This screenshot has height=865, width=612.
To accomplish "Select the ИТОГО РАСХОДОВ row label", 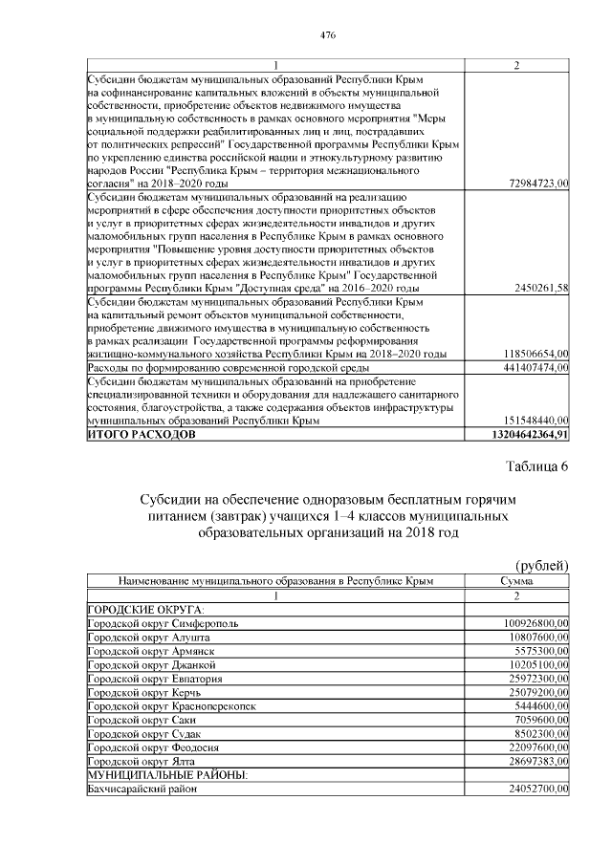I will [141, 434].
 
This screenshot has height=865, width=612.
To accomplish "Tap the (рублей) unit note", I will [542, 565].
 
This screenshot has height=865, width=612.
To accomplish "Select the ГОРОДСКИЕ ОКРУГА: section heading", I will [140, 610].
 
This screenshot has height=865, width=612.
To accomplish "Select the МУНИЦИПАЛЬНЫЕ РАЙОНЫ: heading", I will [167, 773].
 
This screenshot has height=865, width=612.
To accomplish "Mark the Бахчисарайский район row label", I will [141, 789].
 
